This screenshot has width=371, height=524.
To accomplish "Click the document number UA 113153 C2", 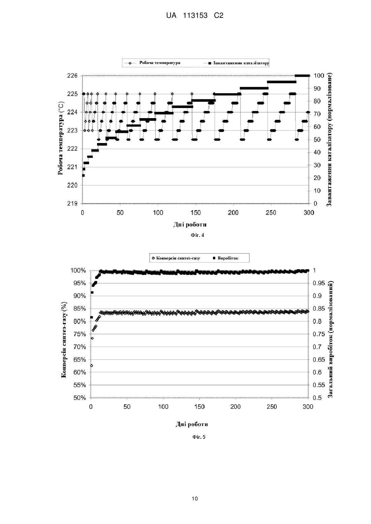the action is (x=195, y=15).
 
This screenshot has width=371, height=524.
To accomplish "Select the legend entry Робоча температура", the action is (x=160, y=63).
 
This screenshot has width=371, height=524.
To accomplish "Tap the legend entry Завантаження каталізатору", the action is (x=241, y=63).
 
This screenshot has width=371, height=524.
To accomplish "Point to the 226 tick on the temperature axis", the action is (x=72, y=76).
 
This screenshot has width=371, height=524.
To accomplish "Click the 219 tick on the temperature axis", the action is (x=72, y=204).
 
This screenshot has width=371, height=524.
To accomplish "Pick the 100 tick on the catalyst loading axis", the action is (x=319, y=76).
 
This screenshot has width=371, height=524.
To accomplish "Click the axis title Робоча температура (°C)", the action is (x=60, y=138).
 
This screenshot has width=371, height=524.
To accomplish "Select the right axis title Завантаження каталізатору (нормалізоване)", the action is (x=329, y=140).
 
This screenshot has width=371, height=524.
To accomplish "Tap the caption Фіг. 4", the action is (x=197, y=235).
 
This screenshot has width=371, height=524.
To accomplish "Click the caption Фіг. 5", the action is (x=199, y=437).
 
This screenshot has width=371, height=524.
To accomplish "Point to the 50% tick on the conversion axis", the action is (x=80, y=398).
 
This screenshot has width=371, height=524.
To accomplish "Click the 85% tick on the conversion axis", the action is (x=80, y=309).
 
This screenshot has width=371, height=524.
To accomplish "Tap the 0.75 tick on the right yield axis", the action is (x=319, y=334).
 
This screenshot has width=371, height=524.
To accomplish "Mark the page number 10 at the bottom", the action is (x=195, y=499).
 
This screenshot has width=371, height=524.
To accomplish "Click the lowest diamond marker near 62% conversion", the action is (x=92, y=365).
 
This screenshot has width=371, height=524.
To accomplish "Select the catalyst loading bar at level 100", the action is (x=302, y=76).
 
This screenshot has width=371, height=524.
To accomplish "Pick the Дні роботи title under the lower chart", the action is (x=192, y=424).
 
